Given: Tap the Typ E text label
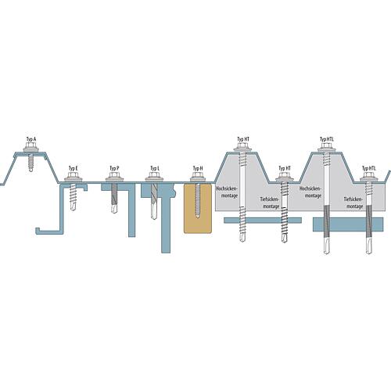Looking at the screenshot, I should (73, 168).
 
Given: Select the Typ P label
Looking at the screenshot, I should (114, 168).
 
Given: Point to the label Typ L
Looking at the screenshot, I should (154, 168).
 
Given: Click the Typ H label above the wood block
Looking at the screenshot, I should (197, 168).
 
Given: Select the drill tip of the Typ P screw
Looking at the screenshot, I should (114, 210).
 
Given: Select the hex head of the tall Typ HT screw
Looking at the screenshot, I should (242, 149).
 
